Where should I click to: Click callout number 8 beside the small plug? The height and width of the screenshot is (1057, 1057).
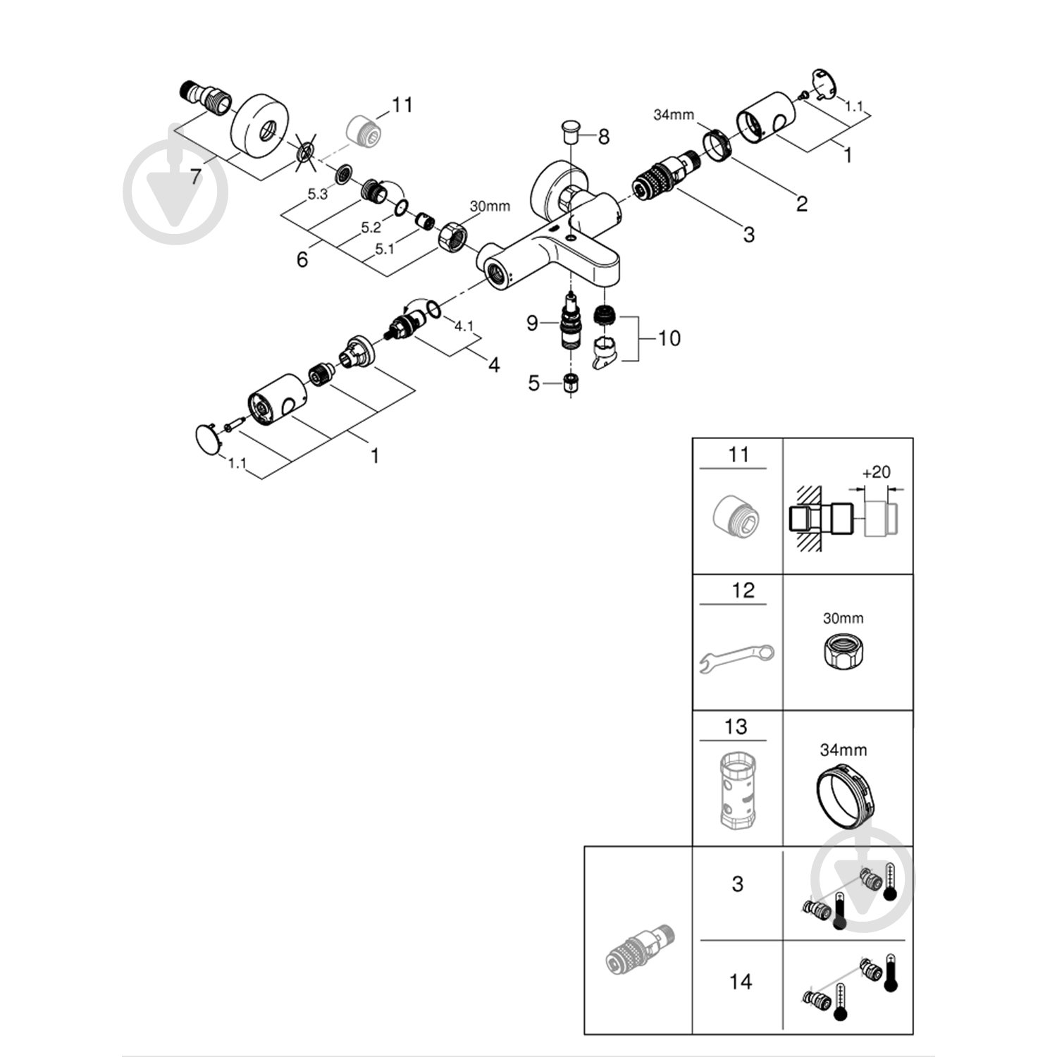tap(603, 137)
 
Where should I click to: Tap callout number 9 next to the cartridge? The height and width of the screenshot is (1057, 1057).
tap(533, 323)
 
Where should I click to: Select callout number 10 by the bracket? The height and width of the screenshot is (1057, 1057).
tap(669, 338)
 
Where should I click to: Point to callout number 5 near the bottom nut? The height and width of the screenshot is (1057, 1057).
tap(533, 383)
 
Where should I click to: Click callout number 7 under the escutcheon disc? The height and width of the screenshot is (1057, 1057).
tap(195, 175)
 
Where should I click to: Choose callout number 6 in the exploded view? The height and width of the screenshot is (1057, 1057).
tap(302, 259)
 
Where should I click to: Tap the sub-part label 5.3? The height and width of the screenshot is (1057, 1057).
tap(318, 194)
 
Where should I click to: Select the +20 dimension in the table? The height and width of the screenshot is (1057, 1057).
tap(876, 472)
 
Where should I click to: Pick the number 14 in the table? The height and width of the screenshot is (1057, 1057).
tap(740, 981)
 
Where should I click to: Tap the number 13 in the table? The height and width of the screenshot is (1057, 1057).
tap(736, 727)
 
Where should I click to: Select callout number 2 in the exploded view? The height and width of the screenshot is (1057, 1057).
tap(801, 204)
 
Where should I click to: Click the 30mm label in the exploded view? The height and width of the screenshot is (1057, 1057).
tap(489, 206)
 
